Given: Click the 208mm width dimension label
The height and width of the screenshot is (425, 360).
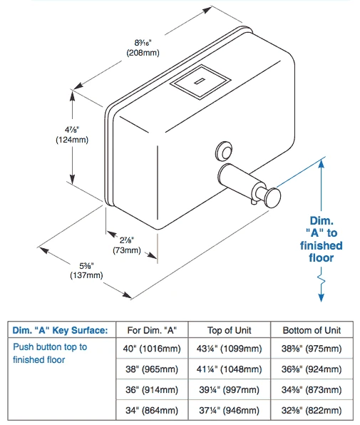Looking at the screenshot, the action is (x=143, y=48).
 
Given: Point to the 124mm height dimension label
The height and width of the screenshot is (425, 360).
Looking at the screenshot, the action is (x=72, y=135).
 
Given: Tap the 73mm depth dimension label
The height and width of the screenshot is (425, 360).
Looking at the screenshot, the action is (x=127, y=245).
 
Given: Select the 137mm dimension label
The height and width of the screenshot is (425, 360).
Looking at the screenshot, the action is (x=86, y=270).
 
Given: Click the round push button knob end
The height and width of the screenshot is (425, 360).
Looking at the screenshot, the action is (x=273, y=198).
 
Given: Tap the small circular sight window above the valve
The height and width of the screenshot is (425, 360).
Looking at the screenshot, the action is (x=225, y=151).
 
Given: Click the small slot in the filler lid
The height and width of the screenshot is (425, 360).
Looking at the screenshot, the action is (x=200, y=81).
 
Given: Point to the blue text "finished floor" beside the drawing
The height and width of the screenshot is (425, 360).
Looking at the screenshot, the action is (x=322, y=252).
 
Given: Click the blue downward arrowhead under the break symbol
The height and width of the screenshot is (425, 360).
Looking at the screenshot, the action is (x=322, y=297).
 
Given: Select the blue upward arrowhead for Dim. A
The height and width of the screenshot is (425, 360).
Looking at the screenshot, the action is (x=322, y=164).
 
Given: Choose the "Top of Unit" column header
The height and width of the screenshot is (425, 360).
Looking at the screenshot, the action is (x=230, y=330).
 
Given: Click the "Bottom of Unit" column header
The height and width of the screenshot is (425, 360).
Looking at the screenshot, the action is (x=312, y=330).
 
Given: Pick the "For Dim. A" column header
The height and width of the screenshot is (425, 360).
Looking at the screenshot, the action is (x=152, y=330).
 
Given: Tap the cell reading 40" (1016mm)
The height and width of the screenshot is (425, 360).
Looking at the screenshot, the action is (x=152, y=348).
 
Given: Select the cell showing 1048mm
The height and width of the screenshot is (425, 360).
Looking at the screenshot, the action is (x=230, y=369).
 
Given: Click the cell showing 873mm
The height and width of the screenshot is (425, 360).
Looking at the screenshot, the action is (x=312, y=390).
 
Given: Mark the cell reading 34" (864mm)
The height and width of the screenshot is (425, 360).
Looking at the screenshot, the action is (x=152, y=410).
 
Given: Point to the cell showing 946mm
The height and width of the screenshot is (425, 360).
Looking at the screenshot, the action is (x=230, y=410).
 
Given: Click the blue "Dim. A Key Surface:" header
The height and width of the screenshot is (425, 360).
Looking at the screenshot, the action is (x=60, y=330).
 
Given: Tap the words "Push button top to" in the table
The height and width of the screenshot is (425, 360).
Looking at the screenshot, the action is (x=50, y=347).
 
